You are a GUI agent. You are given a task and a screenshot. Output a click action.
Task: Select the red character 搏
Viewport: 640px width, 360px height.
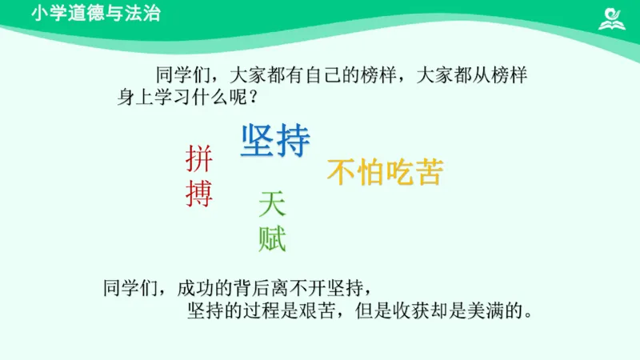199,194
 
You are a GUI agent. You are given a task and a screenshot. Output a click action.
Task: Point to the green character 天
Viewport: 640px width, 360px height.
272,206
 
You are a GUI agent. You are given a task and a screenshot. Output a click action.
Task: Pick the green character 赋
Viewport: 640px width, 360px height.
272,238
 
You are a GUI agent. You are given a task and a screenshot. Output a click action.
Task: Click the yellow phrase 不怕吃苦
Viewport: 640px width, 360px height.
385,172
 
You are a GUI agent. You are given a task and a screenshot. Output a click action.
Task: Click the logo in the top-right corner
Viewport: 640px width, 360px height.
614,17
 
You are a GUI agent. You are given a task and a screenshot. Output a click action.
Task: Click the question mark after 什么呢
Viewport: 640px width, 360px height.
252,99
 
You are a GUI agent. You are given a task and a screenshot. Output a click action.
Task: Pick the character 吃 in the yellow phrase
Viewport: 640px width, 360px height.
399,172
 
